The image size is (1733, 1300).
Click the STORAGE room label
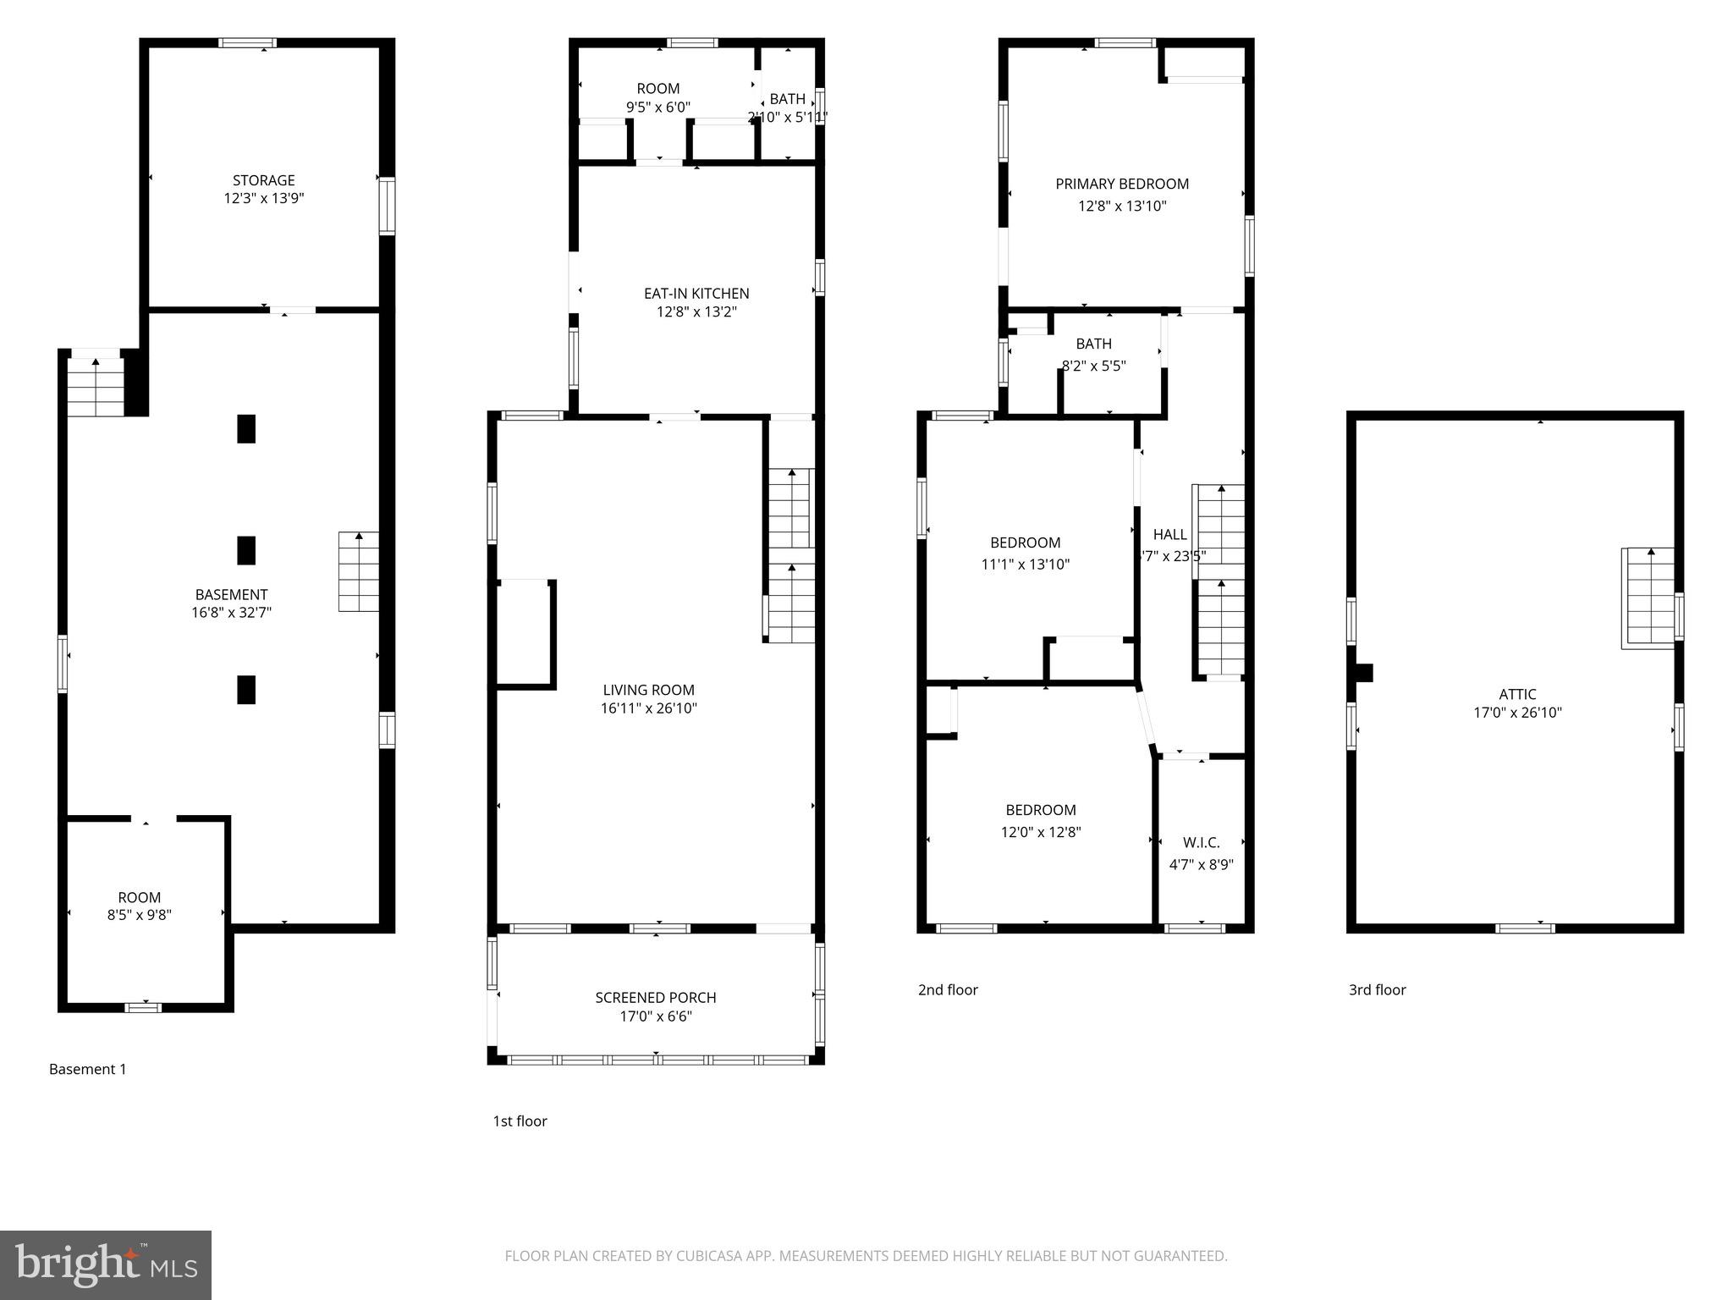pos(263,180)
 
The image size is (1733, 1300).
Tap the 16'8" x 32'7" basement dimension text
pos(231,613)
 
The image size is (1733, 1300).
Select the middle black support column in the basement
pos(246,550)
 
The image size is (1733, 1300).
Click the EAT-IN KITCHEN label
pos(696,294)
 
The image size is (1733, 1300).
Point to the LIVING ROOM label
pos(648,690)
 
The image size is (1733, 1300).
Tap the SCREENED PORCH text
pos(655,998)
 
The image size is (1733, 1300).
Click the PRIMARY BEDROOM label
pos(1122,184)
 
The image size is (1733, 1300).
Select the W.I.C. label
pos(1201,843)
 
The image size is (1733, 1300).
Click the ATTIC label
pos(1517,694)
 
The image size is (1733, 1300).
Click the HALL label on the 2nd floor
pos(1169,534)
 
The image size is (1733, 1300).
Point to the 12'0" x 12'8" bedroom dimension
pos(1041,832)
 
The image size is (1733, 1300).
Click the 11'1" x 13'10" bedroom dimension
pos(1026,565)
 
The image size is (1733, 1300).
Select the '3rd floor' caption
pos(1377,989)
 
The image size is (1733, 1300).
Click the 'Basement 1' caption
pos(87,1069)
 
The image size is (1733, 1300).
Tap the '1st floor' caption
pos(520,1121)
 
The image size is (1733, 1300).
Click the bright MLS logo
pos(106,1264)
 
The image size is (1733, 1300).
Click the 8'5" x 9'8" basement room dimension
pos(140,915)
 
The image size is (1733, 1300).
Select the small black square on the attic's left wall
pos(1363,673)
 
